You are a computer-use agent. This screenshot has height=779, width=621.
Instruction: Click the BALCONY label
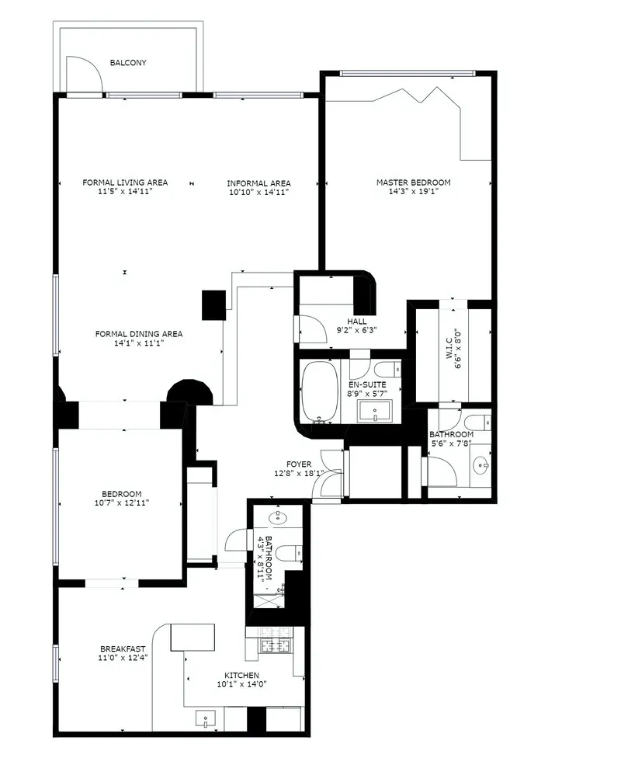(128, 63)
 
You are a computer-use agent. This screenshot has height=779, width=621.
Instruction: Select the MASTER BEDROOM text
(413, 183)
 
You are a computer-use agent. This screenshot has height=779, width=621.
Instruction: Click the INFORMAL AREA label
(258, 183)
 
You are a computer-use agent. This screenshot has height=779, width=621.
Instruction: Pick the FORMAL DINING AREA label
(139, 334)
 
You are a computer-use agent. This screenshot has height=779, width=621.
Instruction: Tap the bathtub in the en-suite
(319, 390)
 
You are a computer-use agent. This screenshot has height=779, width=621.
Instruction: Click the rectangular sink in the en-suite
(375, 410)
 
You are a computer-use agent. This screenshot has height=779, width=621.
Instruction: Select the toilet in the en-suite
(386, 369)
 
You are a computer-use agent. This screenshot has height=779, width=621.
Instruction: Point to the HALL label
(358, 321)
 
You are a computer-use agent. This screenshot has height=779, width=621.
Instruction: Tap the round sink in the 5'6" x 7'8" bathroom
(481, 467)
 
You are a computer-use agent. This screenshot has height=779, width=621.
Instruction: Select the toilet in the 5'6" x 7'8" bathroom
(481, 423)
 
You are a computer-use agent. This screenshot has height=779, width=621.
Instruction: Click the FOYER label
(298, 464)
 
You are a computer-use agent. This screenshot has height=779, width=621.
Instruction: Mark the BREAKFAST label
(123, 649)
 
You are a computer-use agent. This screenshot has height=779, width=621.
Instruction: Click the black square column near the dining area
(213, 305)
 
